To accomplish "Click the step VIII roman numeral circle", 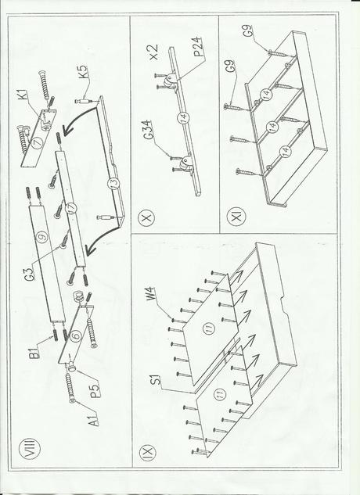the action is coord(30,447).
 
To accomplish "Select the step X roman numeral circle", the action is coord(147,218).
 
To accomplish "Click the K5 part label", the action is coord(83,73).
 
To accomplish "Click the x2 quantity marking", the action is coord(154,52).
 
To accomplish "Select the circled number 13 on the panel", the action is coord(112,184).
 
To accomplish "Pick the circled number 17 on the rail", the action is coord(71,209).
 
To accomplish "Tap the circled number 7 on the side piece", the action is coord(38,143).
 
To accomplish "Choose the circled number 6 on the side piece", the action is coord(77,336).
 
